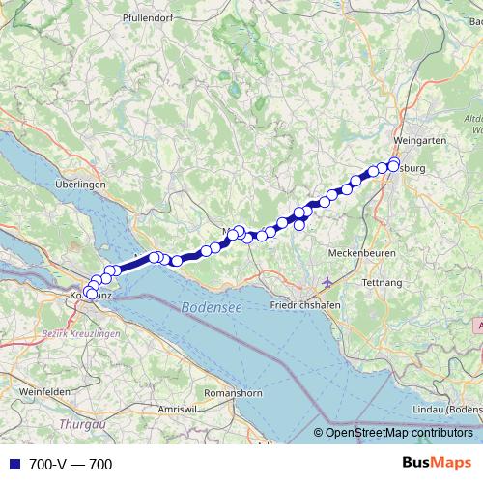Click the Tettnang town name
(x=380, y=283)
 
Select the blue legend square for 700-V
(x=11, y=465)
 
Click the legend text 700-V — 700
(x=71, y=465)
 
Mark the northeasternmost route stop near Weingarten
(x=394, y=163)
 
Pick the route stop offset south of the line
(x=299, y=225)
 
